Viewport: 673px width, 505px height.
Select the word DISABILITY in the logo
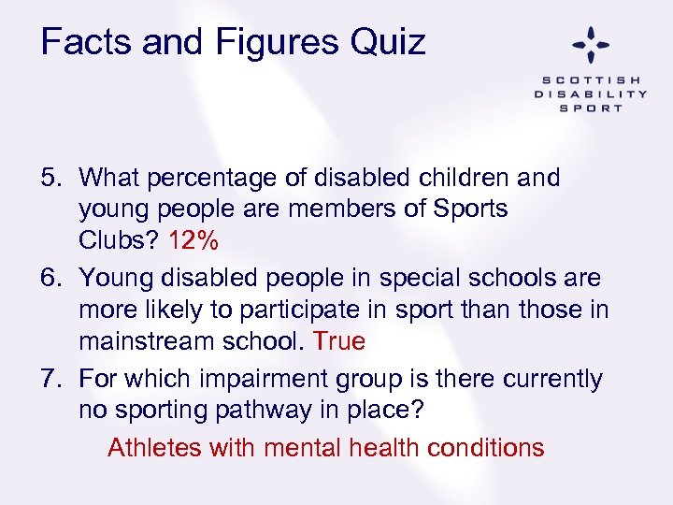point(591,94)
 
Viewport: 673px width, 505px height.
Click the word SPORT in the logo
point(591,108)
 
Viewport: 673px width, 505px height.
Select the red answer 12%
point(193,240)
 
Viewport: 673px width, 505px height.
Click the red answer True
point(339,341)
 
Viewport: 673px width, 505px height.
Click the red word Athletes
point(154,447)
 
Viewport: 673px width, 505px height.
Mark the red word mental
point(302,447)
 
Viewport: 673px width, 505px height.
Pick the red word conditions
point(485,447)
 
